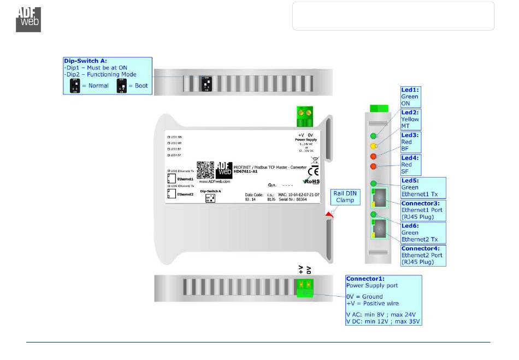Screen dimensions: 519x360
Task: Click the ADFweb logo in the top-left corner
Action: pyautogui.click(x=28, y=19)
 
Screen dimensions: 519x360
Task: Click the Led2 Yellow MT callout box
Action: pyautogui.click(x=410, y=119)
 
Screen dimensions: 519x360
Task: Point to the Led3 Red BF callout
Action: pyautogui.click(x=410, y=141)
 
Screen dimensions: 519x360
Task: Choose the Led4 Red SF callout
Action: pyautogui.click(x=410, y=164)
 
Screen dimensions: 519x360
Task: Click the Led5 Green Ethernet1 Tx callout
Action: pyautogui.click(x=423, y=187)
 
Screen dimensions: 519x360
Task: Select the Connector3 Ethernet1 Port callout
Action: pyautogui.click(x=423, y=210)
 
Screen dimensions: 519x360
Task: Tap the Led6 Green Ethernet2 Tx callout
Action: pyautogui.click(x=423, y=233)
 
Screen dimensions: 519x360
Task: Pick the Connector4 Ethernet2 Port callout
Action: pyautogui.click(x=423, y=255)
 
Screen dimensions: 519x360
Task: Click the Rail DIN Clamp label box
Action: pyautogui.click(x=345, y=197)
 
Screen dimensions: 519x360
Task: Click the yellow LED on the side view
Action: pyautogui.click(x=374, y=146)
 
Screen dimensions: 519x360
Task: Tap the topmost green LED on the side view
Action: pyautogui.click(x=374, y=136)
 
